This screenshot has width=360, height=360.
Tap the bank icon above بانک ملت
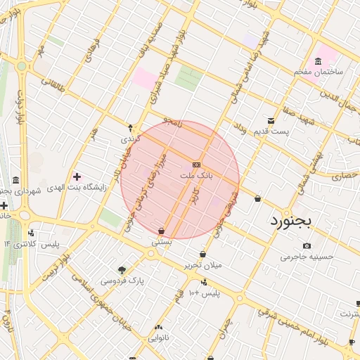pos(195,164)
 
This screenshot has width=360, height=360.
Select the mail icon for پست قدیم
pos(271,121)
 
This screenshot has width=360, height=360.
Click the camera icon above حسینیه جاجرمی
pos(307,245)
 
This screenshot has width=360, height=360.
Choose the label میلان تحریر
pos(202,265)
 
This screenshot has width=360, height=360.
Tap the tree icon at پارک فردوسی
pos(122,270)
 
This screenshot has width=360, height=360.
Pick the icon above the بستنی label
pos(162,230)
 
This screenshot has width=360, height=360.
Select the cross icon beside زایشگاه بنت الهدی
pos(77,176)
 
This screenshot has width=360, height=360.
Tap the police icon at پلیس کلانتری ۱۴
pos(30,233)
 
